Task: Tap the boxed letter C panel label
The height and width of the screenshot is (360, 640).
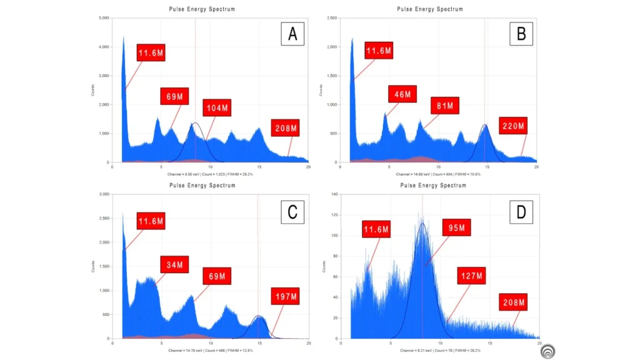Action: pyautogui.click(x=292, y=212)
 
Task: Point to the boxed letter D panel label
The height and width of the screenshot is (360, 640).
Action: pyautogui.click(x=521, y=212)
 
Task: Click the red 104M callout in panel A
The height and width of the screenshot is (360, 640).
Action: pyautogui.click(x=217, y=108)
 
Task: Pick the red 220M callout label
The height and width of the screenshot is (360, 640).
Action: pyautogui.click(x=514, y=126)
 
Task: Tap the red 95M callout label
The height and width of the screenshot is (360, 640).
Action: pyautogui.click(x=457, y=227)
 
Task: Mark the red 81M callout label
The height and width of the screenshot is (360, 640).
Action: pyautogui.click(x=444, y=106)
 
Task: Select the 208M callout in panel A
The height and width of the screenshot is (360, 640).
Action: pyautogui.click(x=285, y=129)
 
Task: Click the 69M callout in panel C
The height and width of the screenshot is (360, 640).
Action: pyautogui.click(x=217, y=276)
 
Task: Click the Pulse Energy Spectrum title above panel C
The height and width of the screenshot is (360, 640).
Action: pyautogui.click(x=201, y=186)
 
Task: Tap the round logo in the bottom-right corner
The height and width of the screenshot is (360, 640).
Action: pyautogui.click(x=549, y=351)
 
